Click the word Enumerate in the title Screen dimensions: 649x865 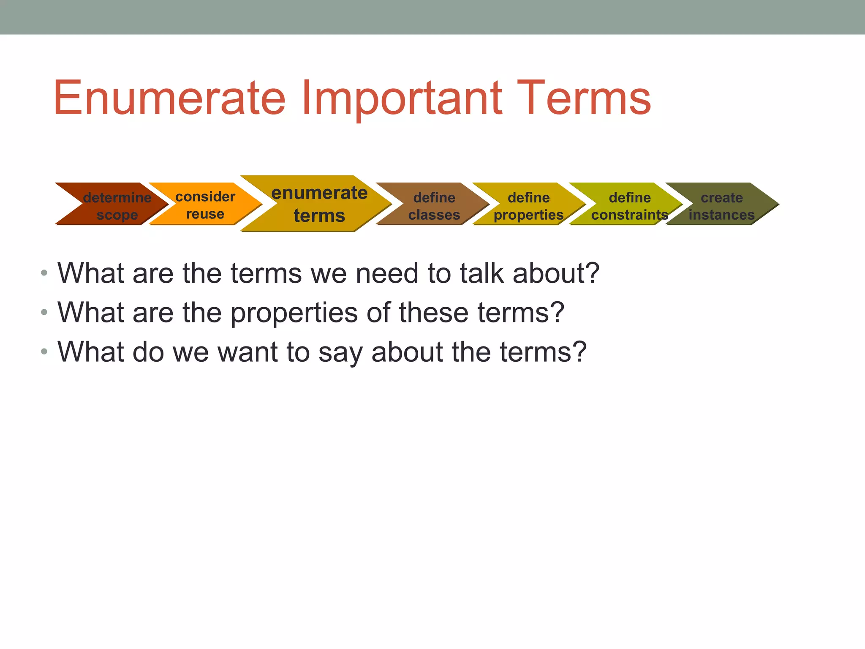(x=169, y=98)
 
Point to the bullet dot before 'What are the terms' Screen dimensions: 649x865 (x=44, y=273)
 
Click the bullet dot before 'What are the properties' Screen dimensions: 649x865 (x=44, y=313)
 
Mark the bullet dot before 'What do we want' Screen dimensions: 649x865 (x=44, y=352)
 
